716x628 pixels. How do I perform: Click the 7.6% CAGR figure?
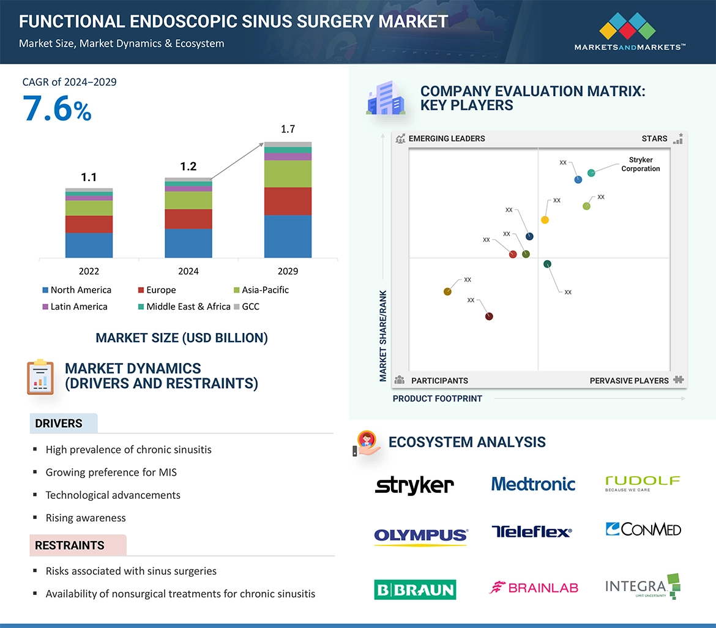(57, 109)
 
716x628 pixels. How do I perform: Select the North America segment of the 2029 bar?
(288, 236)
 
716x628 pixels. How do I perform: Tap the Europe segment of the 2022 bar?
(89, 224)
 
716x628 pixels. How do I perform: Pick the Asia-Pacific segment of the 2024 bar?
(188, 200)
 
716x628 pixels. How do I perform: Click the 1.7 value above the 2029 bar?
(288, 129)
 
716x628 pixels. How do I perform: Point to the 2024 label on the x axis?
(188, 271)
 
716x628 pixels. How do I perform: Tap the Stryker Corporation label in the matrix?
(640, 164)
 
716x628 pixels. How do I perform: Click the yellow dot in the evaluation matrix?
(545, 220)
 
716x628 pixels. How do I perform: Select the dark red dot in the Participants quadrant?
(489, 316)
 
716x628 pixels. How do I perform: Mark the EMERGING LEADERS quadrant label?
(446, 138)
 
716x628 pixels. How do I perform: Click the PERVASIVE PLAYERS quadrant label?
(629, 381)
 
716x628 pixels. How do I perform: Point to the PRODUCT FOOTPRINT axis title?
(437, 398)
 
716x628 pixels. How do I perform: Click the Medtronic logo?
(533, 484)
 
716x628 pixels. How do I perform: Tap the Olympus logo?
(420, 537)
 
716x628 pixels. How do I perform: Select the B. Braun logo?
(415, 589)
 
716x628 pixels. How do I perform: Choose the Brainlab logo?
(534, 588)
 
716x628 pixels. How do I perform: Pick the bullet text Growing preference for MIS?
(111, 472)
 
